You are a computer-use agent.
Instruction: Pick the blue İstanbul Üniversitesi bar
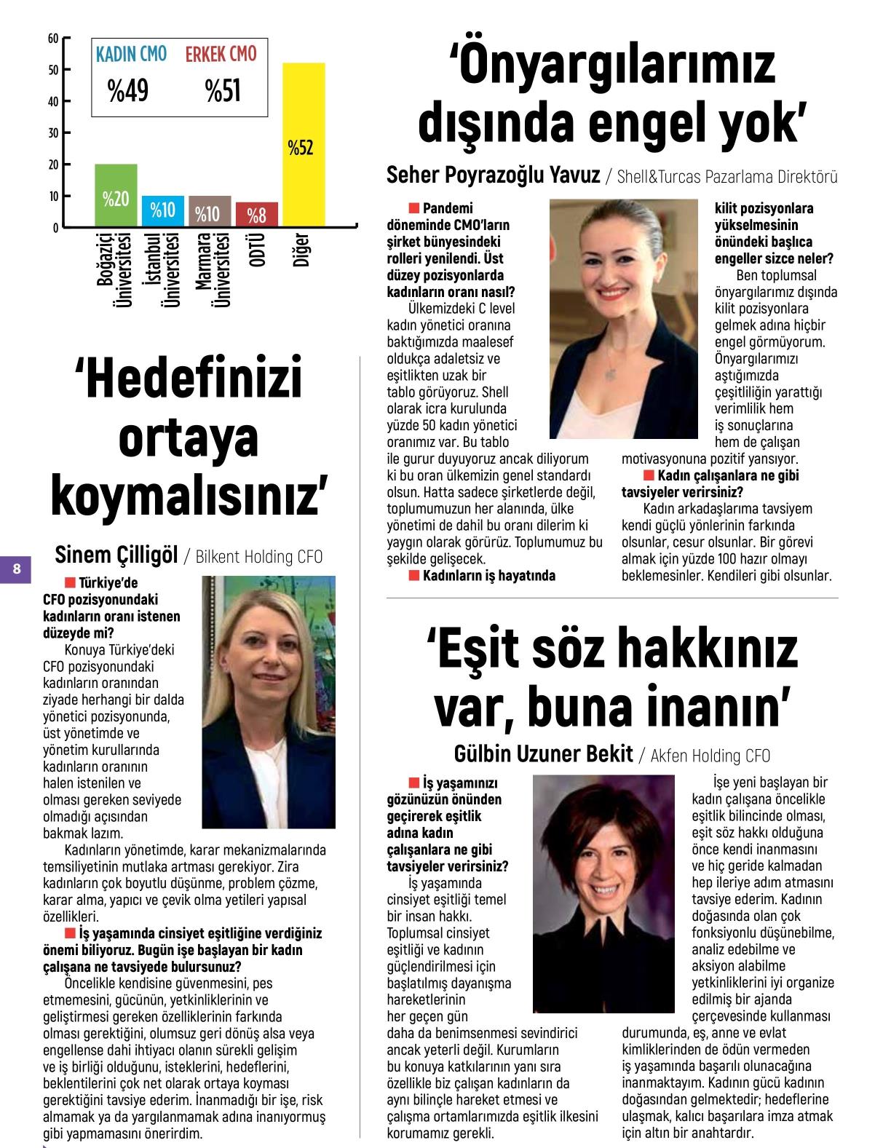click(x=163, y=210)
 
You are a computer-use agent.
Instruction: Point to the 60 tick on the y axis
click(x=53, y=38)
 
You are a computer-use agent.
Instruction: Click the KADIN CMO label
click(x=131, y=55)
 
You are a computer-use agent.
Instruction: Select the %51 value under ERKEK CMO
click(x=222, y=91)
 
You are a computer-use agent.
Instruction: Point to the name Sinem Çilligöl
click(x=116, y=556)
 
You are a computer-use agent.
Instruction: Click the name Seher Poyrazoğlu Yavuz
click(x=493, y=175)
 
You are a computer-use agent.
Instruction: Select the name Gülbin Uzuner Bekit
click(x=543, y=754)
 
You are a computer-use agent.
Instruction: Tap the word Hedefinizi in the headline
click(x=189, y=379)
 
